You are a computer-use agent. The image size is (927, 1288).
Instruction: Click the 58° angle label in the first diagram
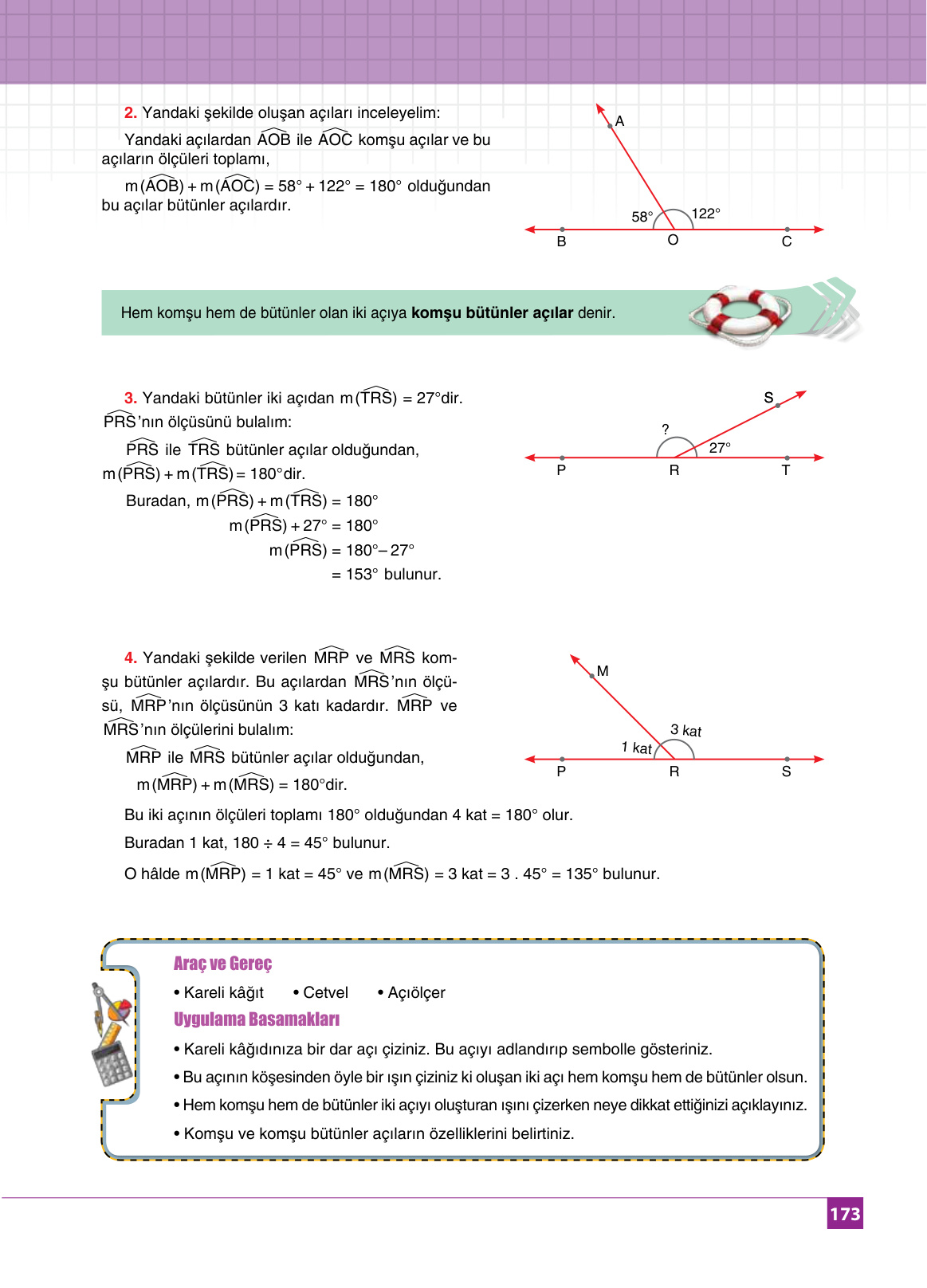click(642, 217)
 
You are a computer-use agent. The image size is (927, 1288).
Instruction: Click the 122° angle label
click(705, 214)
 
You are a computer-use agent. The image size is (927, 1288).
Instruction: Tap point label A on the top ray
click(619, 122)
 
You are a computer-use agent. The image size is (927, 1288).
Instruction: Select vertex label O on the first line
click(673, 241)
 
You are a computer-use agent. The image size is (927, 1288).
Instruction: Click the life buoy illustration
click(740, 313)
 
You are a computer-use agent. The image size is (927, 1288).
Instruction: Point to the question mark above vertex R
click(666, 430)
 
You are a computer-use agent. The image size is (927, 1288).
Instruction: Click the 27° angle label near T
click(720, 448)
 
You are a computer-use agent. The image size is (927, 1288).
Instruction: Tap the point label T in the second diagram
click(786, 471)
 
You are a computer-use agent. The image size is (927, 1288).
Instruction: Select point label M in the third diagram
click(603, 671)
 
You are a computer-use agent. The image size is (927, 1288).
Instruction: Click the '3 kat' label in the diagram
click(685, 731)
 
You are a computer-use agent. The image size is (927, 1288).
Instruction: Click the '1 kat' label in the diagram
click(636, 748)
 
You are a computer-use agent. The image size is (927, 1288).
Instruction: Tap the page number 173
click(845, 1214)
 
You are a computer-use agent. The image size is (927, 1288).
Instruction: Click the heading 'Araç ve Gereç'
click(222, 964)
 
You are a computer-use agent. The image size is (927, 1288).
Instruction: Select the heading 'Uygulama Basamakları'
click(256, 1019)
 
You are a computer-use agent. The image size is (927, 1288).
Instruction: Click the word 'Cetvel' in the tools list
click(325, 992)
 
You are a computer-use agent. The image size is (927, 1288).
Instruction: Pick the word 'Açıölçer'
click(416, 992)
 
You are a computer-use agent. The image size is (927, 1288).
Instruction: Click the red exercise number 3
click(131, 398)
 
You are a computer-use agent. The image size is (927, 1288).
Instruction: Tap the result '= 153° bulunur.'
click(386, 574)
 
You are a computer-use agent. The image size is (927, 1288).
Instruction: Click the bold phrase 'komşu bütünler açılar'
click(492, 313)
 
